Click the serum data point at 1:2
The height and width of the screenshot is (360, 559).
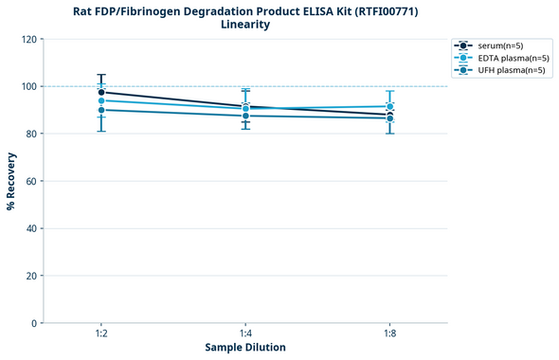click(101, 93)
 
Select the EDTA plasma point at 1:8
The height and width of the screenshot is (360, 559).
click(389, 106)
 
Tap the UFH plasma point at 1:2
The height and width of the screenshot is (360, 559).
click(101, 110)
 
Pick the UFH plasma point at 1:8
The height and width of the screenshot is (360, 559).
click(389, 118)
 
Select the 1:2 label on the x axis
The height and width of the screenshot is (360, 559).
click(101, 334)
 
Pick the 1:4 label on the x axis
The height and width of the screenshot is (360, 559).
click(245, 334)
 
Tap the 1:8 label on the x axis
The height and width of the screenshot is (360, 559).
click(389, 334)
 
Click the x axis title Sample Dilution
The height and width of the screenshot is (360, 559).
click(245, 348)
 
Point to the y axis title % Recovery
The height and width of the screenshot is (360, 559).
click(11, 181)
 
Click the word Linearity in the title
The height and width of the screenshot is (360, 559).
click(245, 25)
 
